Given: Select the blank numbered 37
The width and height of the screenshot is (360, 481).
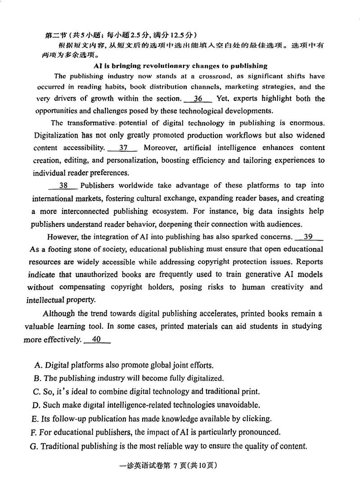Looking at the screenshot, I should point(123,148).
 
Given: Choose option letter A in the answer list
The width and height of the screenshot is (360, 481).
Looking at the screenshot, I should point(38,365).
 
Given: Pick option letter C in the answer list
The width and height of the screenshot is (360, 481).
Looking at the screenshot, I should point(37,391).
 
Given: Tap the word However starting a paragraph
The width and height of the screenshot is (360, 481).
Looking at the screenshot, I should point(63,237).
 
